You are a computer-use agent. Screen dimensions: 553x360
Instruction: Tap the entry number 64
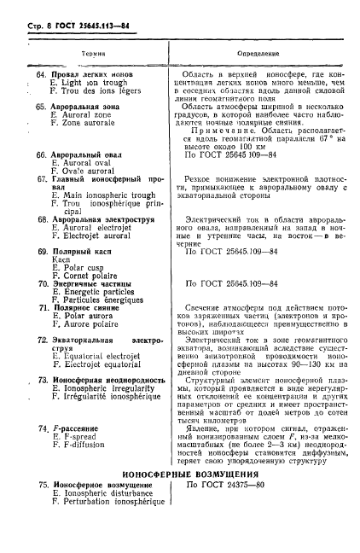coord(40,75)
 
